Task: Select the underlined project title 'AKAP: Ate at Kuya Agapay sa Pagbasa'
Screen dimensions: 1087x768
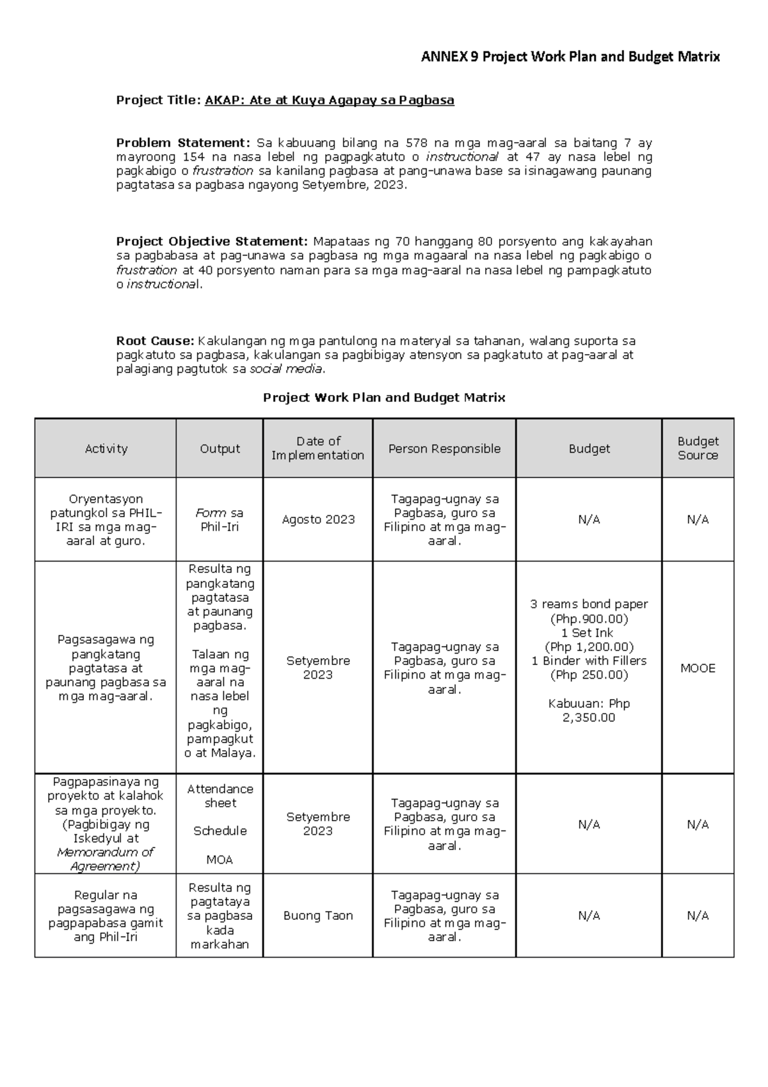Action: pyautogui.click(x=329, y=100)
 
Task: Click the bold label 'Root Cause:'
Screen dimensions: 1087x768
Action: pyautogui.click(x=154, y=341)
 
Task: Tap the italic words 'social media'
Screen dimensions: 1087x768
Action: pyautogui.click(x=286, y=369)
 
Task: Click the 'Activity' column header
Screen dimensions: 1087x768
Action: pyautogui.click(x=106, y=449)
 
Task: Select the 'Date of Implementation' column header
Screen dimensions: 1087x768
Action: pyautogui.click(x=317, y=448)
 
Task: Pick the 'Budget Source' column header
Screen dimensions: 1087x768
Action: pyautogui.click(x=698, y=448)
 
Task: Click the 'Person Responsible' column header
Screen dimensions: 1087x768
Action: pyautogui.click(x=444, y=449)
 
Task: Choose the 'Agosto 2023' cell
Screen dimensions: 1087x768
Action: pyautogui.click(x=317, y=520)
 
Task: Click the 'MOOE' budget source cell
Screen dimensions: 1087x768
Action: pyautogui.click(x=698, y=668)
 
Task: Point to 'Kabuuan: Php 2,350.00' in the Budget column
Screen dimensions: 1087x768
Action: pyautogui.click(x=589, y=711)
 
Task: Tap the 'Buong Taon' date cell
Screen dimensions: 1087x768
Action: pyautogui.click(x=317, y=916)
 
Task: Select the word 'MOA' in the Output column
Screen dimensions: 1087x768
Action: pyautogui.click(x=220, y=860)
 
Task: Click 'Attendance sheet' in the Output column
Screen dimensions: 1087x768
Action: pyautogui.click(x=220, y=796)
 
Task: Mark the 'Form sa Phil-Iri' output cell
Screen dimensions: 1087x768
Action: pyautogui.click(x=220, y=520)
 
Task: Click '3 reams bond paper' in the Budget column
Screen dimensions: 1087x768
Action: pyautogui.click(x=589, y=604)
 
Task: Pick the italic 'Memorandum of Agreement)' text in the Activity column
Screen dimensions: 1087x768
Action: pyautogui.click(x=106, y=859)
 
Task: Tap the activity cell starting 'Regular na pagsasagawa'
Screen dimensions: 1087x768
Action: pyautogui.click(x=106, y=916)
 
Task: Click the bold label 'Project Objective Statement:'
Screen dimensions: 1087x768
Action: pyautogui.click(x=212, y=241)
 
